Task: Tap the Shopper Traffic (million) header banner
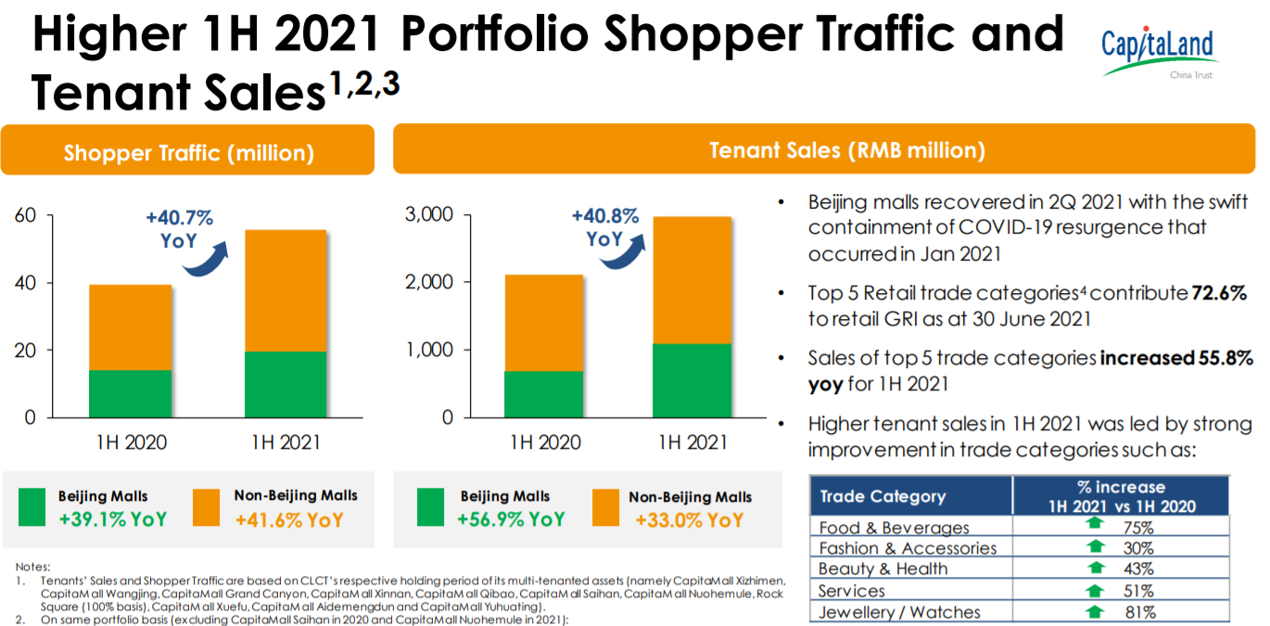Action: point(188,152)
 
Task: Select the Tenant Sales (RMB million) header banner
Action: point(846,149)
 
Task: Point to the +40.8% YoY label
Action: point(604,227)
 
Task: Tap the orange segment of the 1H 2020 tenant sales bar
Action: point(544,323)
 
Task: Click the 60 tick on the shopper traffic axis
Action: point(25,216)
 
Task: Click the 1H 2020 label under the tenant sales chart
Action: point(545,442)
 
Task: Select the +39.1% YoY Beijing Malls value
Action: point(112,518)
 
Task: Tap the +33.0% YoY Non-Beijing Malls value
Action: point(689,520)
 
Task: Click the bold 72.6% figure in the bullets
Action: point(1218,293)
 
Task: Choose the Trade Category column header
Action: point(882,496)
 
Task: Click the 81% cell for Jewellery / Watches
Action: point(1140,612)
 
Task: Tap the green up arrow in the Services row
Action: point(1096,590)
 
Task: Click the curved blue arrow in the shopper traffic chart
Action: point(205,261)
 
